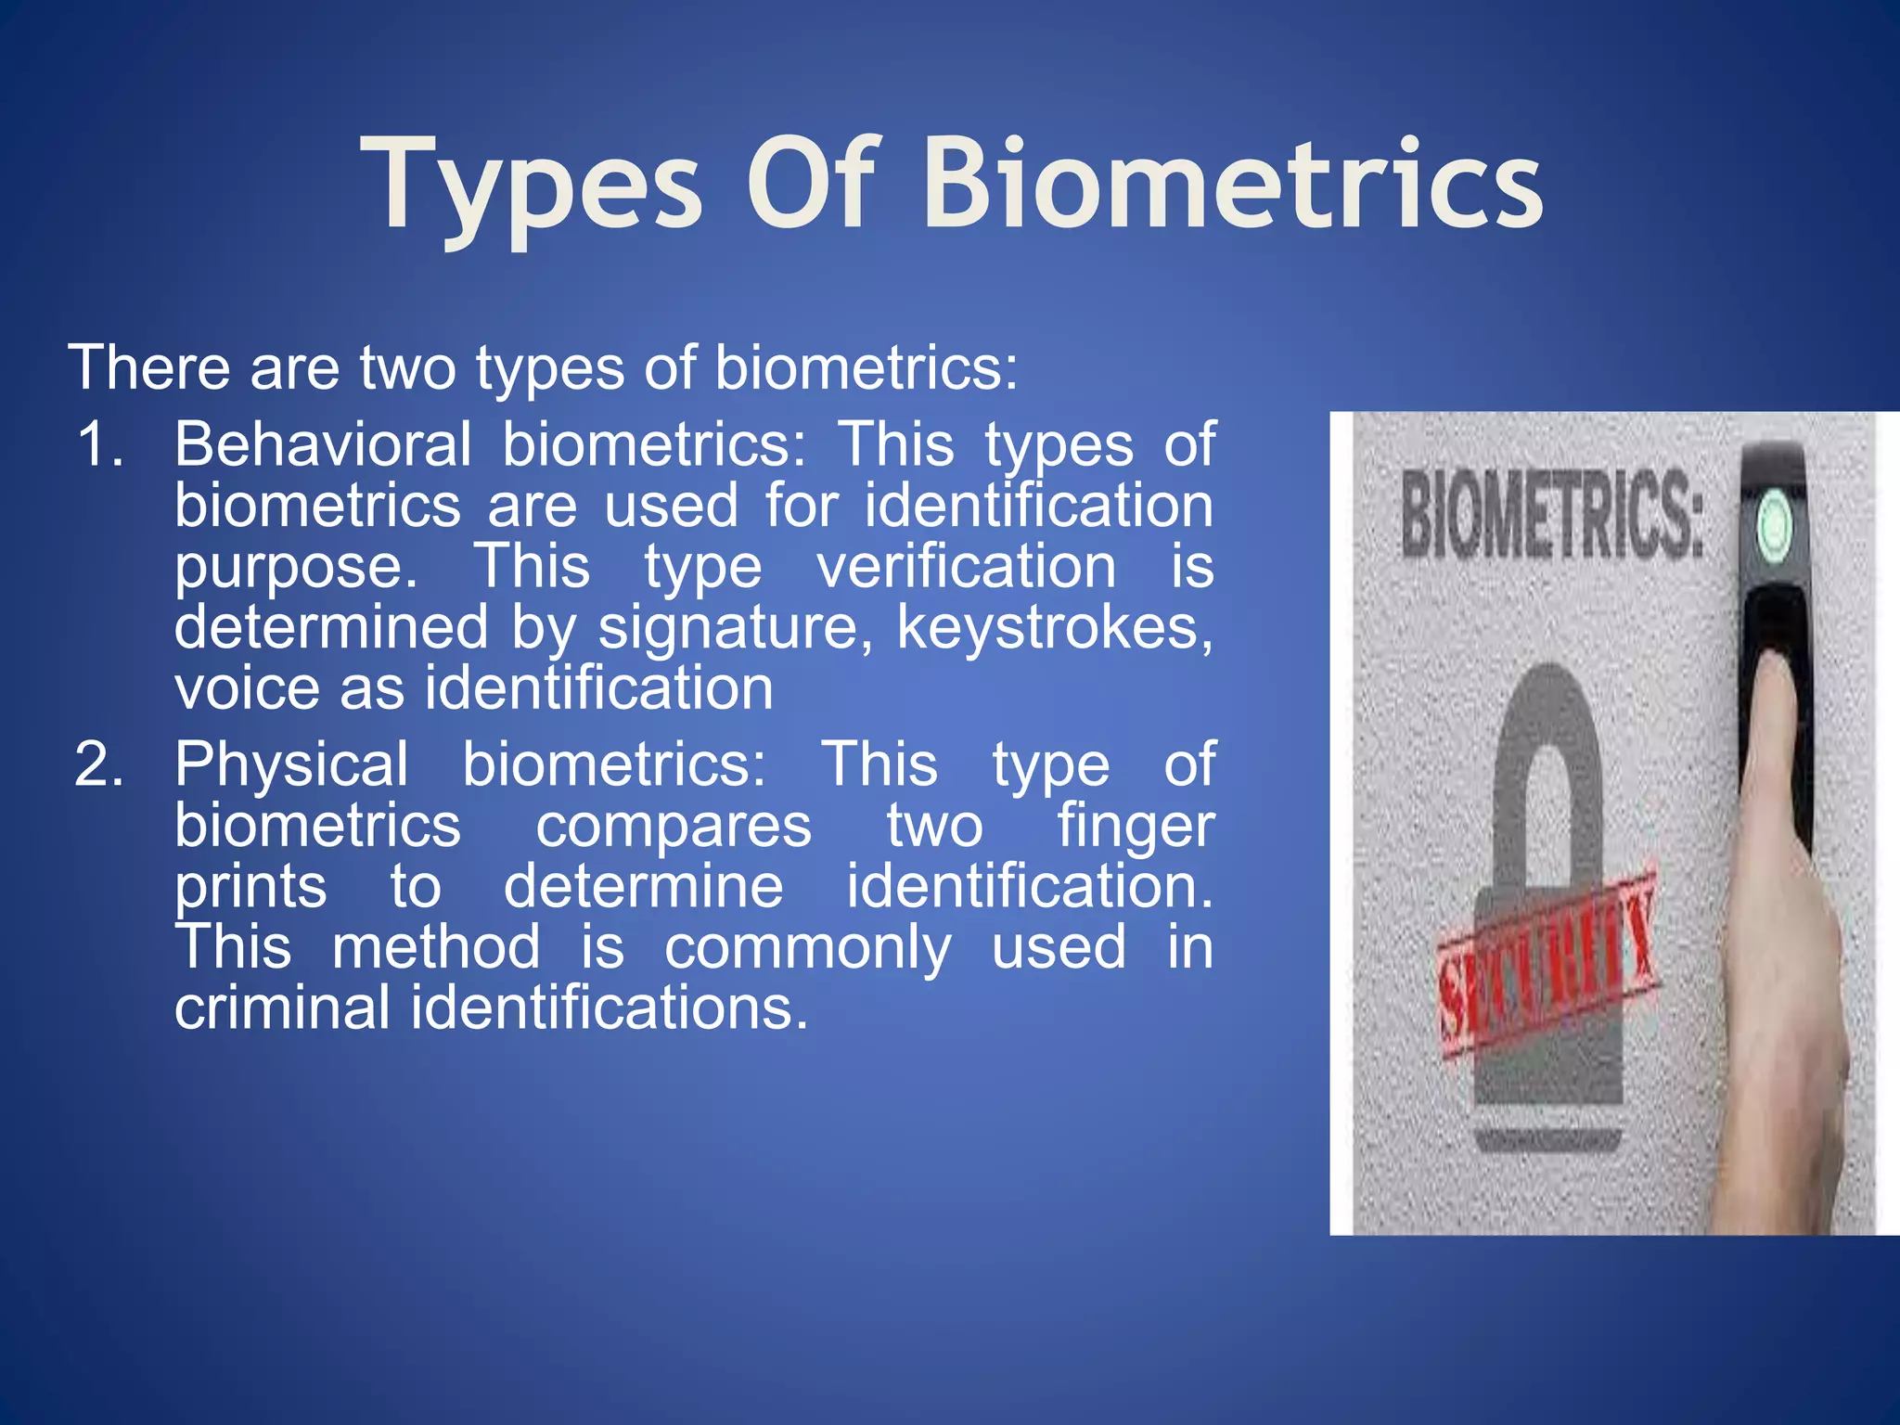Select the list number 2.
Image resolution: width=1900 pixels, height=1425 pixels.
tap(99, 764)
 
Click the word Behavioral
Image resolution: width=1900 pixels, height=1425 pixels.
tap(323, 443)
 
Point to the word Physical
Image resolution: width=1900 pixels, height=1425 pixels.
tap(291, 764)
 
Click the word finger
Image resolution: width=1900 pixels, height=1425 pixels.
tap(1136, 826)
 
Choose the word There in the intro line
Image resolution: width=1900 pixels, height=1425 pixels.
tap(148, 367)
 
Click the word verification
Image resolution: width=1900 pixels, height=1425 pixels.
tap(966, 567)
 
